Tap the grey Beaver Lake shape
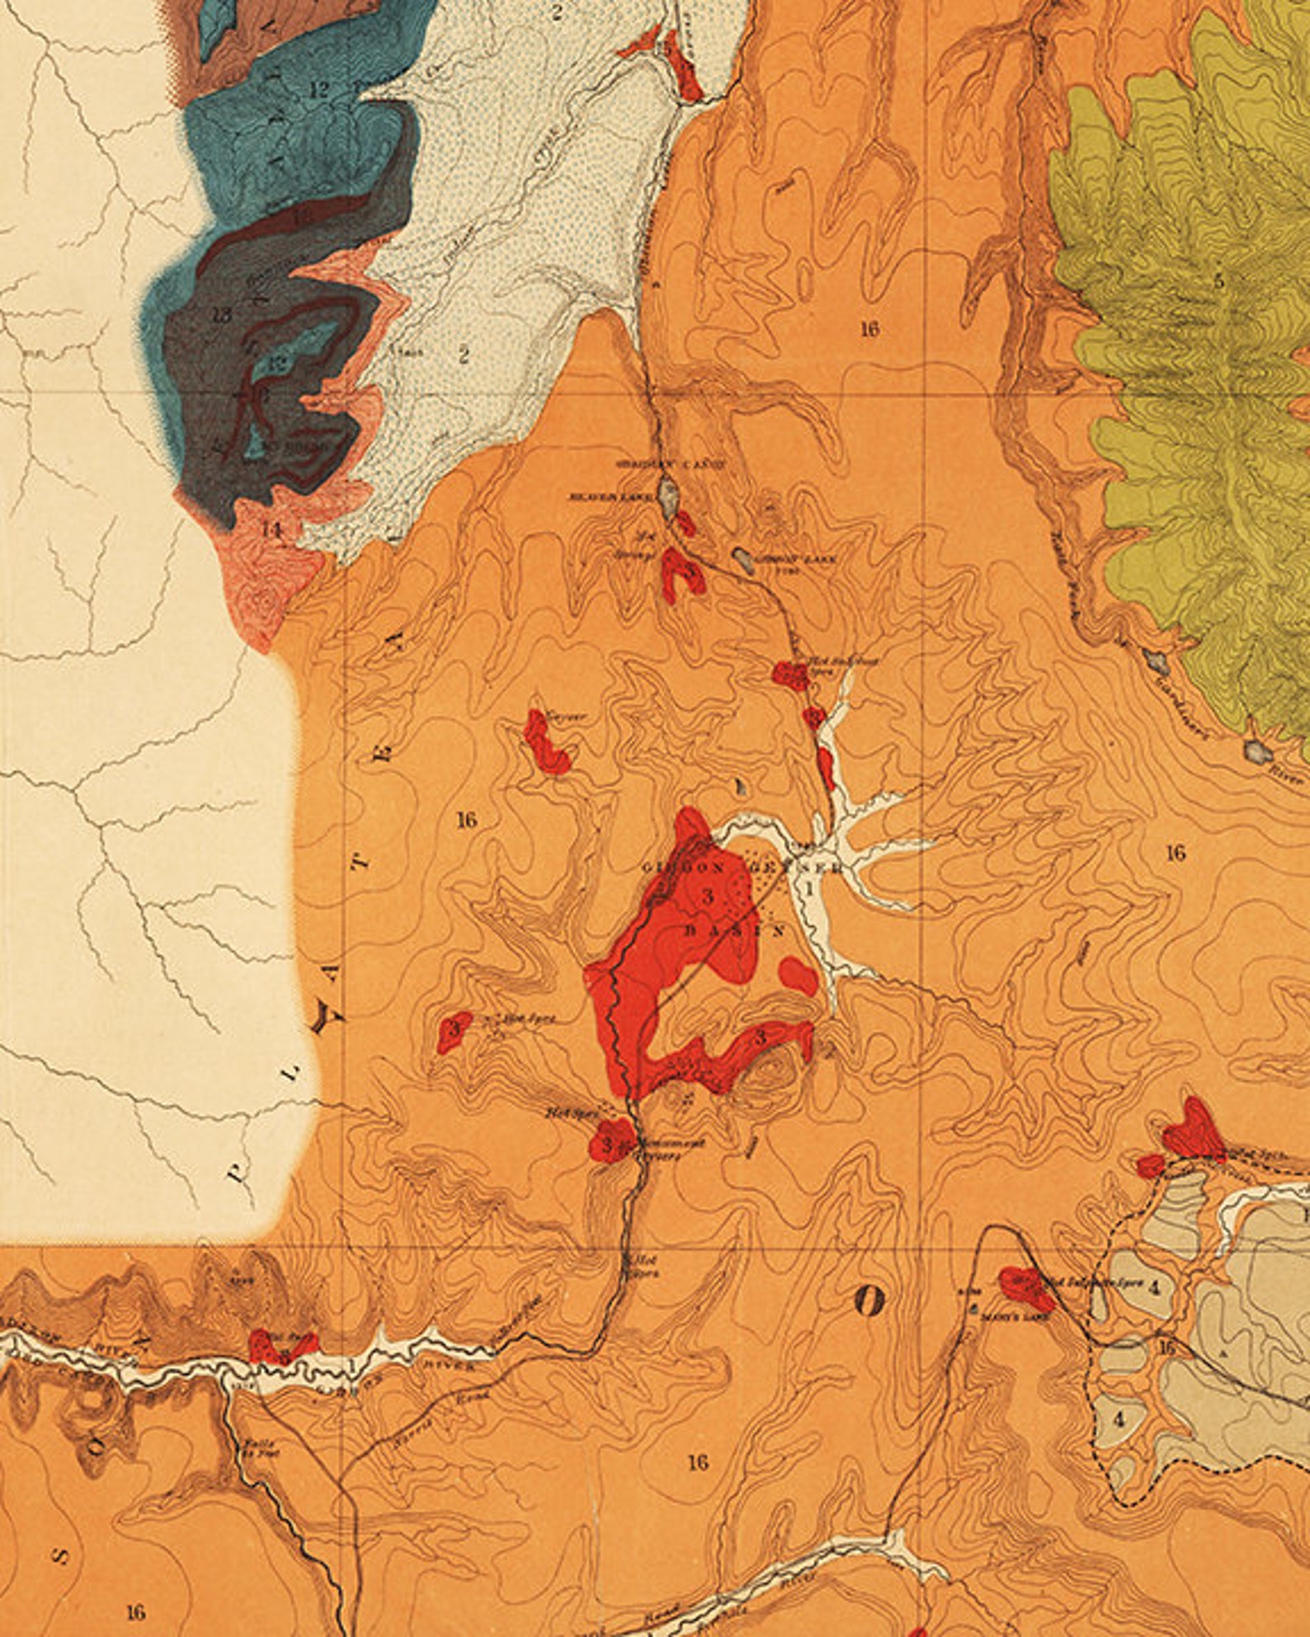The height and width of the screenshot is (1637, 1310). point(669,496)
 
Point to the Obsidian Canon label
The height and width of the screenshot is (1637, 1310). point(671,464)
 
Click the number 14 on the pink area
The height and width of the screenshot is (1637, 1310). point(271,529)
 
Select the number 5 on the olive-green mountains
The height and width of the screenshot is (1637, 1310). point(1219,281)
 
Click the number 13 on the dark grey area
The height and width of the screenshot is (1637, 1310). point(220,314)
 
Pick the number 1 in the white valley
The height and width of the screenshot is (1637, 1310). point(810,888)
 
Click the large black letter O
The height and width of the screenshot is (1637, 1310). point(869,1301)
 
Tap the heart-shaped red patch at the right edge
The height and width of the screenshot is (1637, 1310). point(1193,1131)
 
